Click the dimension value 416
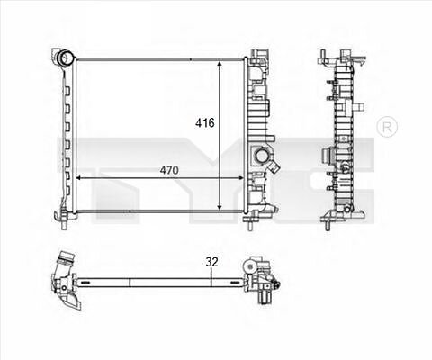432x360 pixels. [205, 122]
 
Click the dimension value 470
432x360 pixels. [169, 170]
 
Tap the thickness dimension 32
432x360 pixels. [211, 262]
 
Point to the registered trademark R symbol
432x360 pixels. [387, 127]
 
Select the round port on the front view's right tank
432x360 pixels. [260, 156]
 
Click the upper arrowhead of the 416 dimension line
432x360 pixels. [220, 65]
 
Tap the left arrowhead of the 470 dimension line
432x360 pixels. [80, 178]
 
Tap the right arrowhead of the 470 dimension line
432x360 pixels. [240, 178]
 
